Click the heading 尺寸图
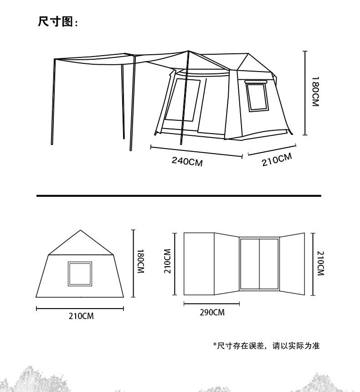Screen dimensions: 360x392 [x=55, y=21]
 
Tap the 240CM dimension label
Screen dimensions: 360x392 [x=187, y=161]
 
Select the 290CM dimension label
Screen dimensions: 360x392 [x=212, y=313]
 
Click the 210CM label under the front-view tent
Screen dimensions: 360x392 [x=81, y=316]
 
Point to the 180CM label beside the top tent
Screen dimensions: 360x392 [x=315, y=92]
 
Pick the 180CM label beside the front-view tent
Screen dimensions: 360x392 [x=141, y=261]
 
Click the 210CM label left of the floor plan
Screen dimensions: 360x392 [x=167, y=261]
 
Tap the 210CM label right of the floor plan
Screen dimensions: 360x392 [x=320, y=263]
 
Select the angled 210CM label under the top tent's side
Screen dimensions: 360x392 [x=277, y=160]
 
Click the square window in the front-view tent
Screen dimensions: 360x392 [x=80, y=274]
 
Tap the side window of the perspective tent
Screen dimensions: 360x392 [x=257, y=96]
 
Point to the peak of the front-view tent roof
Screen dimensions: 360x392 [x=81, y=230]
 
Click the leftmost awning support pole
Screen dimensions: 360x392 [x=53, y=102]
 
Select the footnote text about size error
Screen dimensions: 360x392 [x=266, y=346]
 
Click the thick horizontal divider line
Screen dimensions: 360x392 [x=179, y=196]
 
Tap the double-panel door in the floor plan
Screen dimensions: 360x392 [x=259, y=264]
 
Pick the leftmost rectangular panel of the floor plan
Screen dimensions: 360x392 [x=199, y=264]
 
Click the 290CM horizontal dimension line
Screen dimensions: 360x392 [x=212, y=304]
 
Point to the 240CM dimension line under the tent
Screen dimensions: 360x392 [x=196, y=152]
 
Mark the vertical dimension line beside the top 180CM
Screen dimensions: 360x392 [x=305, y=93]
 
